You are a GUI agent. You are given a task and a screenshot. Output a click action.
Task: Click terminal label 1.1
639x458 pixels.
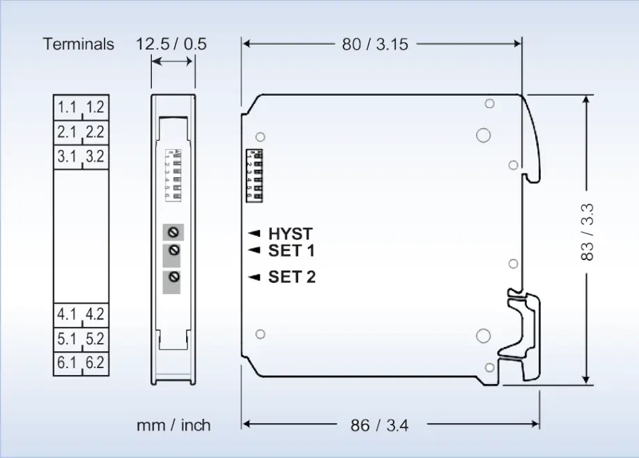[68, 107]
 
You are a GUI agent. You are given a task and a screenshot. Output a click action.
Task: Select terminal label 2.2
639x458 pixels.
[95, 132]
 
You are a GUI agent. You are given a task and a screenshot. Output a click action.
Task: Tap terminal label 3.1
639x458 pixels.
[68, 156]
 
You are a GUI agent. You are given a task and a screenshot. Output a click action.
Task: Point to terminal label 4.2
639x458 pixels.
[95, 314]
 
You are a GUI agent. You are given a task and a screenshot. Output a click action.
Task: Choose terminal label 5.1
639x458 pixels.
[68, 339]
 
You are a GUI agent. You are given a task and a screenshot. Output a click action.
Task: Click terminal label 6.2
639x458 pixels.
[95, 363]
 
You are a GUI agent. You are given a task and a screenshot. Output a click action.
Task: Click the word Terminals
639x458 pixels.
[78, 44]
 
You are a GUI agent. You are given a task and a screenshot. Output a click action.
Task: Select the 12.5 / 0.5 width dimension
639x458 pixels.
[171, 44]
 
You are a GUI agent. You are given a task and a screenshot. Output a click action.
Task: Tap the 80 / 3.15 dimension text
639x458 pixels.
[375, 44]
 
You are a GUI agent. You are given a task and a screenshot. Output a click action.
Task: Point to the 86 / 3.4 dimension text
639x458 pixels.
[380, 424]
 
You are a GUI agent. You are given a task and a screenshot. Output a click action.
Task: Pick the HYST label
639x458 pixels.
[291, 234]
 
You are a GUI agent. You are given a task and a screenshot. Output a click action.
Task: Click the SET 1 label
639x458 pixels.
[291, 250]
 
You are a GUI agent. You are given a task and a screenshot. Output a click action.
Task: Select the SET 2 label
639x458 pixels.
[291, 277]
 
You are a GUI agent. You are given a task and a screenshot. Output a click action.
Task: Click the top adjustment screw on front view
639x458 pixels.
[173, 231]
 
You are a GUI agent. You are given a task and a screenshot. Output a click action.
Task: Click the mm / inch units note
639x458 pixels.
[174, 425]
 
